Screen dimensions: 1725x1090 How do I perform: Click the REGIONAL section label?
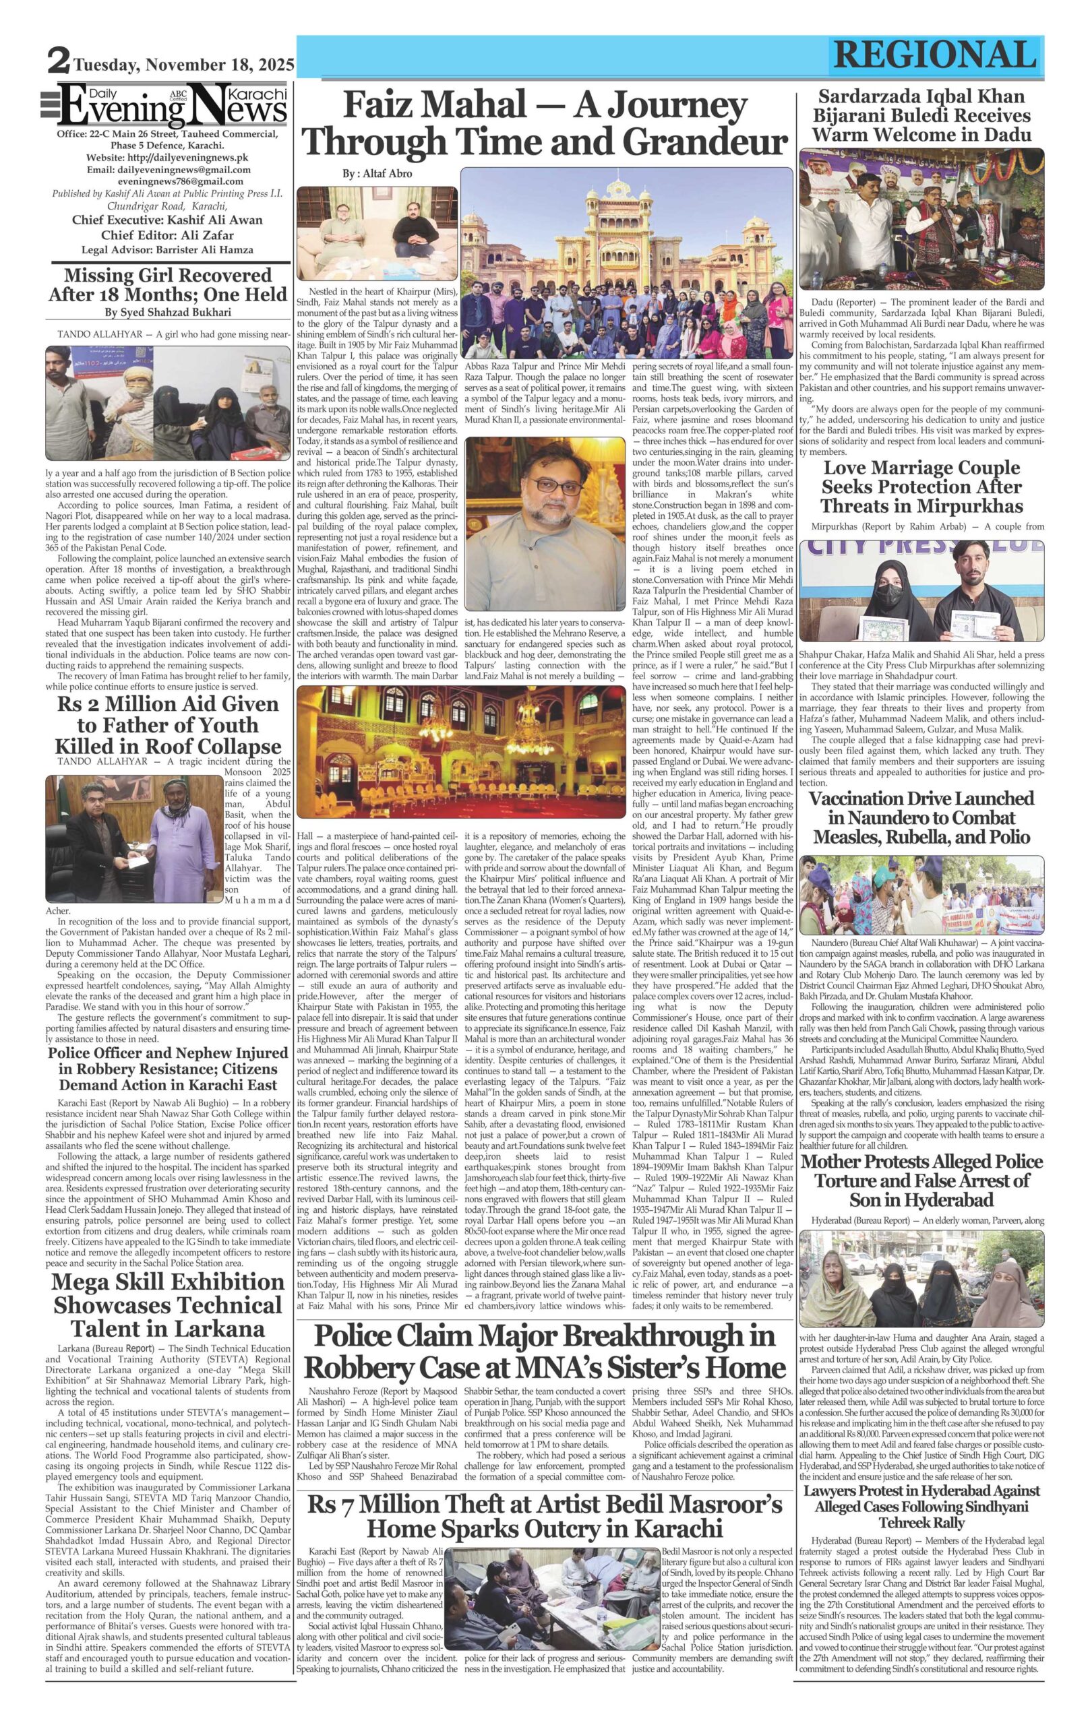tap(934, 55)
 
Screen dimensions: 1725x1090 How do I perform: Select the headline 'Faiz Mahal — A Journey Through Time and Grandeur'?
tap(546, 125)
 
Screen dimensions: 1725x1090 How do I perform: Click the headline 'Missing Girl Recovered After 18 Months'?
tap(168, 284)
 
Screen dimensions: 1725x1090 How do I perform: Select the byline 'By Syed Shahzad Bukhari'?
tap(168, 313)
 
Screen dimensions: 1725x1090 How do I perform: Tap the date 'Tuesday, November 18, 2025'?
tap(183, 66)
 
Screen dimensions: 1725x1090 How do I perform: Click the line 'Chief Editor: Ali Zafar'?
tap(168, 235)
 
